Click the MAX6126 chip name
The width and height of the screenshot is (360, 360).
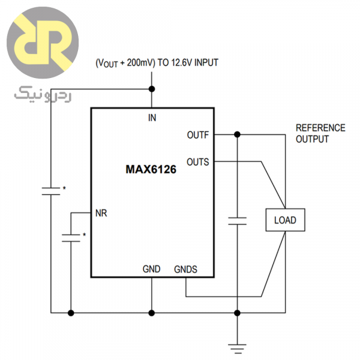point(151,170)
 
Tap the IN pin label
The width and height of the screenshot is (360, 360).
point(152,118)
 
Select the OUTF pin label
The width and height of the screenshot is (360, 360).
point(197,135)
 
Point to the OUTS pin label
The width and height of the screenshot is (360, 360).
point(197,161)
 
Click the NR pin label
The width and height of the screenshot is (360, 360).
point(101,212)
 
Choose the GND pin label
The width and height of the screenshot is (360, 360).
point(151,269)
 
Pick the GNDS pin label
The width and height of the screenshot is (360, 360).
point(185,269)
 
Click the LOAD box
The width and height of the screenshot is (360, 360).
point(285,220)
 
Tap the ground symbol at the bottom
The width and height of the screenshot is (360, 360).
point(238,346)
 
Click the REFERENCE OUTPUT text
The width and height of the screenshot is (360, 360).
point(320,133)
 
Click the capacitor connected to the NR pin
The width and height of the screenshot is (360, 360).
point(71,237)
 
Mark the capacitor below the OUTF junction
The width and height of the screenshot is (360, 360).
point(238,220)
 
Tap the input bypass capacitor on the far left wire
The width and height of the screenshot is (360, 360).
point(52,191)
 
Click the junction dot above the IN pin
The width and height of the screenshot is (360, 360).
point(151,89)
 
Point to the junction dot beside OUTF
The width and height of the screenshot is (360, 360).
point(238,134)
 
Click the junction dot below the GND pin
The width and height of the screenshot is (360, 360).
point(151,313)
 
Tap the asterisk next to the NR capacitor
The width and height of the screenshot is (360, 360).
point(84,235)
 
